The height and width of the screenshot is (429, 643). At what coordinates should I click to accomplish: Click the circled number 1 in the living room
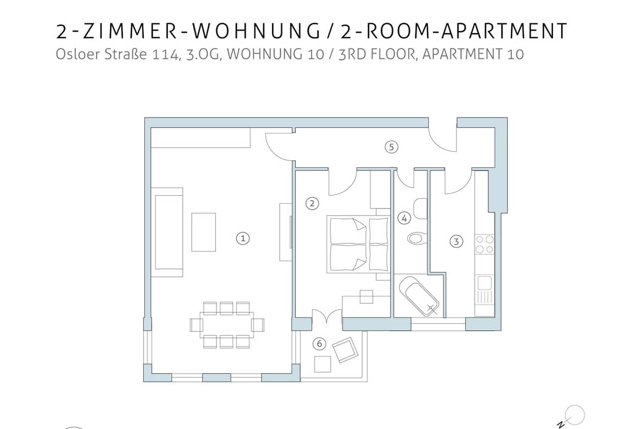(x=243, y=239)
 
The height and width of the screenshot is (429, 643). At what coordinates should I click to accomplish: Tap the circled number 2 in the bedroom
(x=312, y=204)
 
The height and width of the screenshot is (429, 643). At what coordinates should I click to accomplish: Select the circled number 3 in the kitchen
(x=456, y=241)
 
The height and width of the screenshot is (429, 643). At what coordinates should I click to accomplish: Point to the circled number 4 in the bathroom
(x=404, y=218)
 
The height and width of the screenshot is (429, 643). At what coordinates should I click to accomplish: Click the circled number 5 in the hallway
(x=392, y=147)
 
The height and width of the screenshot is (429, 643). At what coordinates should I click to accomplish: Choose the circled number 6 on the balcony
(x=319, y=344)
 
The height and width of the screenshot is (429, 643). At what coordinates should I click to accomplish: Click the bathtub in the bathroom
(x=419, y=296)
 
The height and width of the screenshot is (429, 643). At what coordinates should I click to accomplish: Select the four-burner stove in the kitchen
(x=484, y=244)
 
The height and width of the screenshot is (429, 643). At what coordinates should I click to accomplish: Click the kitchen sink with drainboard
(x=484, y=290)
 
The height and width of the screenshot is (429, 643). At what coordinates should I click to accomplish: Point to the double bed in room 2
(x=358, y=244)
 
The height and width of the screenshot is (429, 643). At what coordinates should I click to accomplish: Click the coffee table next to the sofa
(x=204, y=232)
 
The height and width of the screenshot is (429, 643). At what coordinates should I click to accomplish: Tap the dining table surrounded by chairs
(x=227, y=325)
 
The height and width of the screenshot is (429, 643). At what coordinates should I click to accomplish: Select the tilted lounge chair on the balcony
(x=345, y=350)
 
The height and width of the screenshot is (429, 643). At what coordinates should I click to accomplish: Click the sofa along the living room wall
(x=167, y=232)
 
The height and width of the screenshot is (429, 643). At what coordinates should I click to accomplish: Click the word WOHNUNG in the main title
(x=256, y=31)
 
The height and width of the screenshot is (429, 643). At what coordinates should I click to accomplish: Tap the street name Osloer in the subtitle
(x=78, y=54)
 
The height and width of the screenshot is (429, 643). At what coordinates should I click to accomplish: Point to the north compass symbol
(x=572, y=417)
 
